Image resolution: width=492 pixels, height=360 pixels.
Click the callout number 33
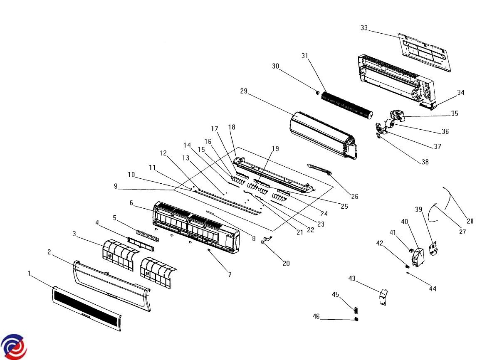(364, 28)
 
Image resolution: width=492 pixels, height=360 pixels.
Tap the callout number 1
(29, 273)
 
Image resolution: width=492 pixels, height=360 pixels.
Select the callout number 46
(316, 317)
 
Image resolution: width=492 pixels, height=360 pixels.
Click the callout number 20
(286, 263)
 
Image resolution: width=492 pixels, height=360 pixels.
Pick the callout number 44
(433, 288)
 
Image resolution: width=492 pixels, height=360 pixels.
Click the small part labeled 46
(356, 319)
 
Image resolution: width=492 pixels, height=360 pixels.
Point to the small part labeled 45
(356, 310)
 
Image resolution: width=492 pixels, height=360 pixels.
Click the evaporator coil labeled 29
(320, 133)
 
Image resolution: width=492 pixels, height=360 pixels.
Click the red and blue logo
(13, 346)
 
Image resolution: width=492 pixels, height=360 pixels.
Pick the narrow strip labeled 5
(148, 235)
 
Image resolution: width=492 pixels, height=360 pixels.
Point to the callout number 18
(232, 126)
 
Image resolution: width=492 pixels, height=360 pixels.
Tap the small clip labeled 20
(265, 240)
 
